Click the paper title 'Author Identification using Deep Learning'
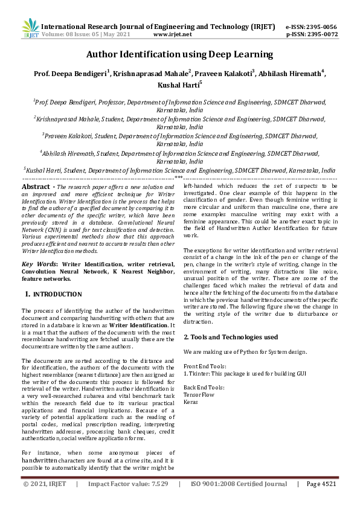coord(180,55)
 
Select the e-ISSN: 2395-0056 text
coord(310,27)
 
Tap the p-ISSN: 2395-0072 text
coord(310,35)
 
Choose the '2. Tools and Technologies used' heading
coord(231,336)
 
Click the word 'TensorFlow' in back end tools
coord(198,394)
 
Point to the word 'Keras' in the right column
coord(191,401)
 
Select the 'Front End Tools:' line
coord(205,367)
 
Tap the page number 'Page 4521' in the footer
coord(321,484)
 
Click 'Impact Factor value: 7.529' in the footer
coord(127,484)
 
